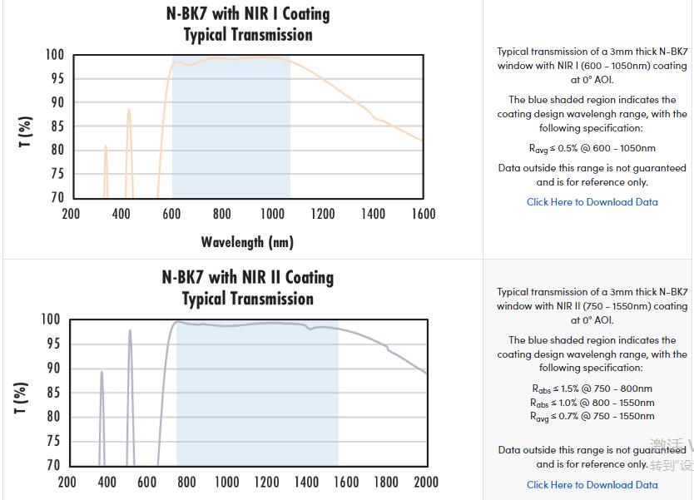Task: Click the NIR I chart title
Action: click(x=248, y=24)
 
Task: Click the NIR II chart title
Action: click(x=248, y=288)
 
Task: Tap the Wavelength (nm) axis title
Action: click(x=247, y=242)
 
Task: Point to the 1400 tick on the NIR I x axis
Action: click(x=373, y=214)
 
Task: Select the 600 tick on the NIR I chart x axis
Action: click(x=171, y=214)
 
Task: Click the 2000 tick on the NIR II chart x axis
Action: click(x=426, y=482)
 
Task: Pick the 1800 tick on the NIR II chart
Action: click(x=386, y=482)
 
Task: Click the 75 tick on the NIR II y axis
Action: click(x=52, y=442)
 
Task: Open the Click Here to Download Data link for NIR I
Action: click(x=592, y=201)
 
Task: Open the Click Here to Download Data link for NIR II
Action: click(x=592, y=484)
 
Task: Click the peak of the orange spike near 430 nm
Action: click(x=128, y=109)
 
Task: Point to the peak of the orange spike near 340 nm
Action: click(x=106, y=146)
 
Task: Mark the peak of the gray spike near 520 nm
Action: click(x=130, y=330)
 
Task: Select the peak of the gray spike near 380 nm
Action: click(x=102, y=372)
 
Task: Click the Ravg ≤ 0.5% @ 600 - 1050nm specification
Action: click(x=592, y=148)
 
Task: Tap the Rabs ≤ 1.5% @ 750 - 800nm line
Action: click(x=592, y=389)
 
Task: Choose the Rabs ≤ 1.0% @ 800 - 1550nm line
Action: click(x=592, y=403)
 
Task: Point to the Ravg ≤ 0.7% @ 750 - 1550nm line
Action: click(x=592, y=416)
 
